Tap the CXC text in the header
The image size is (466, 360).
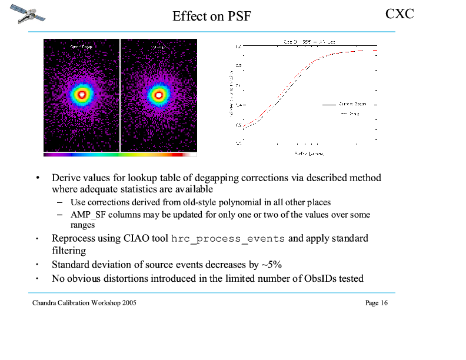coord(400,13)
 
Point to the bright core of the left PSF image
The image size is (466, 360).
coord(82,94)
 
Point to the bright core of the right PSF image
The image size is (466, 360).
coord(158,94)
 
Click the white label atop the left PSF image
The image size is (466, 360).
coord(81,46)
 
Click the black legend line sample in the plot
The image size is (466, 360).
coord(328,104)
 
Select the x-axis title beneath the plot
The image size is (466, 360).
coord(309,154)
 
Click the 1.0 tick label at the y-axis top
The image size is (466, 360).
coord(238,46)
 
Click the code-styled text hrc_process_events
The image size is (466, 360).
coord(228,239)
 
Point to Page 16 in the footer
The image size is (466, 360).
coord(376,303)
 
